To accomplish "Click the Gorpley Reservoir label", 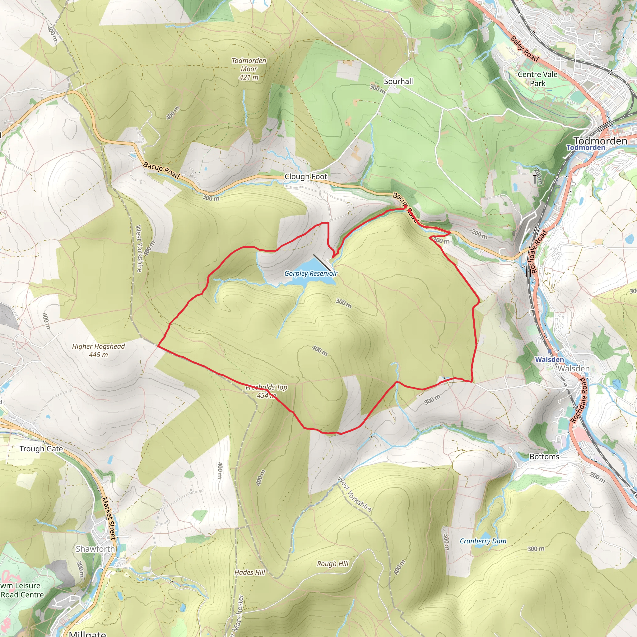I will click(x=311, y=273).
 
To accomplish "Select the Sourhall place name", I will click(x=398, y=81).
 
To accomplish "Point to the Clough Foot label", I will click(x=306, y=177).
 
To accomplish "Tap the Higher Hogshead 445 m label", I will click(x=99, y=351).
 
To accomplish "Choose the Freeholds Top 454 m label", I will click(x=267, y=391).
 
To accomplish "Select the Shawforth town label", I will click(x=95, y=549).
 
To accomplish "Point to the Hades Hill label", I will click(x=249, y=572).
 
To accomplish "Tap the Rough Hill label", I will click(x=333, y=564).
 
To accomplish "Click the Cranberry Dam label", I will click(x=483, y=541).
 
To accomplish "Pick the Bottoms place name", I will click(x=544, y=457).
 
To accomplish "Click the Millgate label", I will click(x=87, y=633).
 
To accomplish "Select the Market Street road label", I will click(x=109, y=518).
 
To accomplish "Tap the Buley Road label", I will click(x=524, y=49).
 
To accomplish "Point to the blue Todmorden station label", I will click(x=586, y=147).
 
